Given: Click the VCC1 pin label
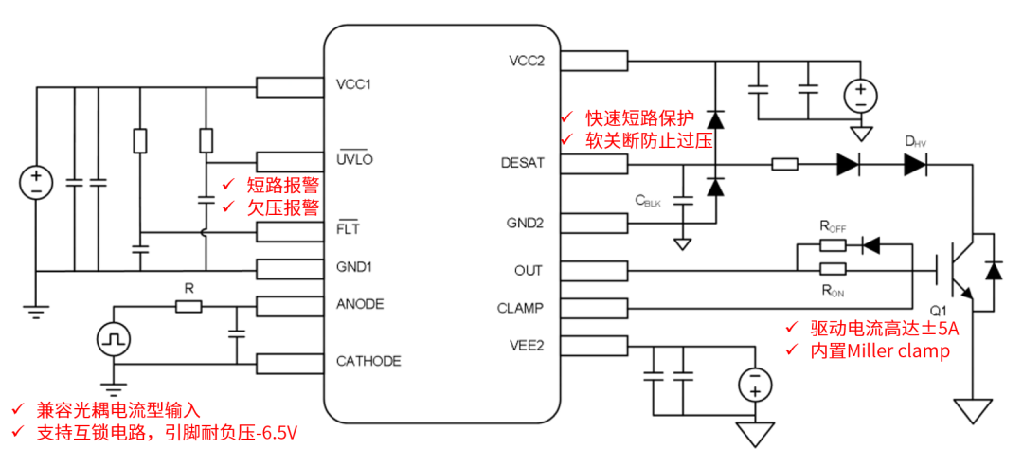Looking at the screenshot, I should point(353,85).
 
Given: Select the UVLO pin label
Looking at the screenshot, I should point(354,159).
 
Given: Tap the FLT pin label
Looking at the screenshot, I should point(348,228).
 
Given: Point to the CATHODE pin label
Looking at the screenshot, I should point(368,361).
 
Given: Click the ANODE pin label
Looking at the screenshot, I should point(360,304).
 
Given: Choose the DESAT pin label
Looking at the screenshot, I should point(522,163).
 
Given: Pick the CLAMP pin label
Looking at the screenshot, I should point(521,308).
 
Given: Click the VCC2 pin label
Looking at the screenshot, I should point(527,61).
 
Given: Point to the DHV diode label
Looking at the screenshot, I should point(915,141).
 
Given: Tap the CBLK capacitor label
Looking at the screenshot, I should point(648,200).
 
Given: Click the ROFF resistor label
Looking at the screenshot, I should point(833,226).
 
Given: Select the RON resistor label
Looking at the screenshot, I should point(833,290).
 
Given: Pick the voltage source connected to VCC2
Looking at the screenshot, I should point(861,94).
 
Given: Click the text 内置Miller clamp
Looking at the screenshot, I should point(880,350).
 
